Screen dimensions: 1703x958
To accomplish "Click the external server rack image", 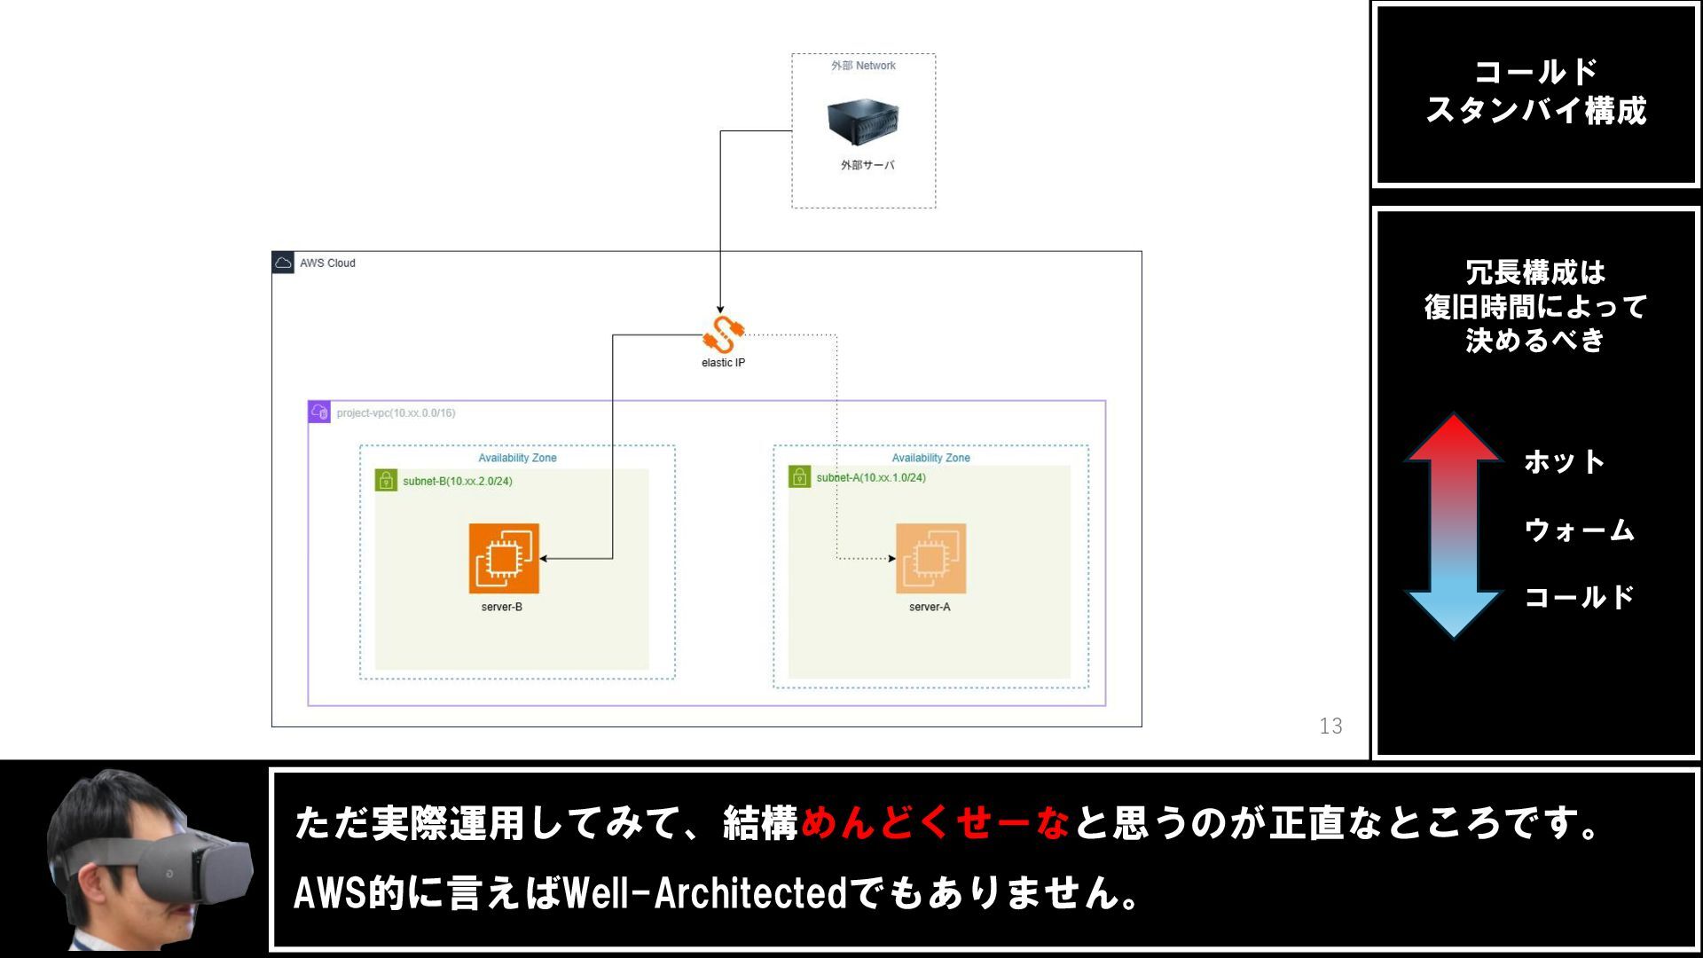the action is [862, 122].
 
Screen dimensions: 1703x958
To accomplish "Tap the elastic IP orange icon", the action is [723, 334].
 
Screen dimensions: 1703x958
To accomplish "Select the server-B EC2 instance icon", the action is [504, 558].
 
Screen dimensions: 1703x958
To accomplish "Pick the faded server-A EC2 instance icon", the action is [930, 558].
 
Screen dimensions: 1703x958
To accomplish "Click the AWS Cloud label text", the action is [327, 263].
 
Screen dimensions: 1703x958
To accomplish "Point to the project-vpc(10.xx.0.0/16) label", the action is [396, 413].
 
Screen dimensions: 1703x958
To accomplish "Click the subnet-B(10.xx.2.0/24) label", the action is [458, 482].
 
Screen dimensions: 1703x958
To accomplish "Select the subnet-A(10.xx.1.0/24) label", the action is [871, 478].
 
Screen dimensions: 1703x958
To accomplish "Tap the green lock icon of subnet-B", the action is [386, 481].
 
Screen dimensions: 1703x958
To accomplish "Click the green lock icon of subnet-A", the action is [799, 477].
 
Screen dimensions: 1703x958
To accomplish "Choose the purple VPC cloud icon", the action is [319, 412].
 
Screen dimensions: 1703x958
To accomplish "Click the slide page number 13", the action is [1330, 726].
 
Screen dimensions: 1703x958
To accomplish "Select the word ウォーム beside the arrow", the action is [1579, 530].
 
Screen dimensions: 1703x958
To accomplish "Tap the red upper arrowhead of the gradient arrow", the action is [1454, 439].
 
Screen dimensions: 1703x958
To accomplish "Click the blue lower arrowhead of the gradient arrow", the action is [1454, 614].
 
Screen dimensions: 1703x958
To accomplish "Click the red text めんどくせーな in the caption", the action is [935, 823].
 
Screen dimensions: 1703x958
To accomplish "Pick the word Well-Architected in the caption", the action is [705, 892].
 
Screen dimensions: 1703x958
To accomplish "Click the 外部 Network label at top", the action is [863, 66].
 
